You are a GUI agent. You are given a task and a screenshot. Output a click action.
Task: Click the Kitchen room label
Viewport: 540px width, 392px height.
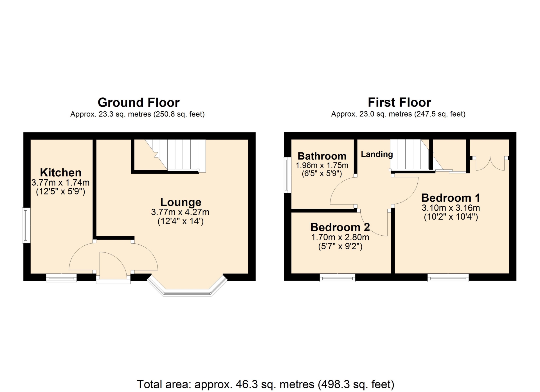pos(61,172)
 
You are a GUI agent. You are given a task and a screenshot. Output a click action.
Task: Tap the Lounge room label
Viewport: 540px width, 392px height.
pos(181,202)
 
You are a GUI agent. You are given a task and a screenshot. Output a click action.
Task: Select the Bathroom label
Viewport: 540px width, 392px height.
pos(322,156)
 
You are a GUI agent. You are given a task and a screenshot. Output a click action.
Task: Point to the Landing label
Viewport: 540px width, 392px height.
pos(377,154)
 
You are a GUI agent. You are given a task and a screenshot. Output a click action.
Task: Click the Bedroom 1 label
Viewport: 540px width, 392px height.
pos(451,198)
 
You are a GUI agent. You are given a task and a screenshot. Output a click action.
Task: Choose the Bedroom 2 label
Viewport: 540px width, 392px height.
pos(340,227)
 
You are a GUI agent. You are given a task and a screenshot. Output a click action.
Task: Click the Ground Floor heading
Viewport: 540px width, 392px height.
pos(138,102)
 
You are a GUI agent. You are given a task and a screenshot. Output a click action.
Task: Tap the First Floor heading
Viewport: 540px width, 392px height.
pos(399,102)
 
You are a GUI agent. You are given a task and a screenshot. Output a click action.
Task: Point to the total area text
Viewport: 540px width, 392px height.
pos(265,384)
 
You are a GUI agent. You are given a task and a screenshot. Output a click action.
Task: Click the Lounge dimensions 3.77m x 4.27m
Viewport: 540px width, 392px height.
pos(180,212)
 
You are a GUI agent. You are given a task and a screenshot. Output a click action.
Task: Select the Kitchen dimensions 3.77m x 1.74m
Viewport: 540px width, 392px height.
pos(60,183)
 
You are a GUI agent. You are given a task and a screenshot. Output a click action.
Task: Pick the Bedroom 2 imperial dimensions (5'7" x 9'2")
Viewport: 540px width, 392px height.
pos(340,247)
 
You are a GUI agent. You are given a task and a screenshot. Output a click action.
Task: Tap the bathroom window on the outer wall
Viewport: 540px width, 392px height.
pos(287,175)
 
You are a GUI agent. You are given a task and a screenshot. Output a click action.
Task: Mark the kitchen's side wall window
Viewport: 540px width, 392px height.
pos(26,225)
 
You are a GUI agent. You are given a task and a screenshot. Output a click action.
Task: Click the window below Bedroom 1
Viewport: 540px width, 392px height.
pos(448,278)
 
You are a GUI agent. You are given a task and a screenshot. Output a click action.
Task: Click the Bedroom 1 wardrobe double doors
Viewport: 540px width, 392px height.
pos(490,164)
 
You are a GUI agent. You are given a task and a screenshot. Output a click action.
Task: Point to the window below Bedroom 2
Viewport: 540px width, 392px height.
pos(337,278)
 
